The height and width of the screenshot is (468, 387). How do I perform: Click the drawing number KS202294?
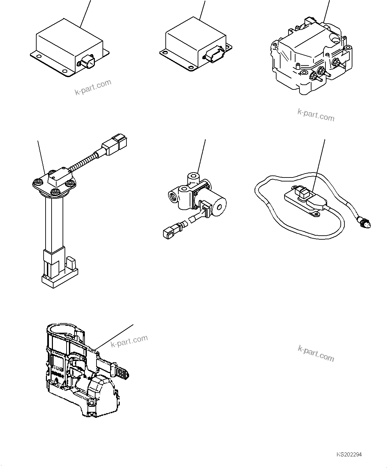[x=349, y=454]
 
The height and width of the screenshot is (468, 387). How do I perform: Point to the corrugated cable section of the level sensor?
[x=83, y=162]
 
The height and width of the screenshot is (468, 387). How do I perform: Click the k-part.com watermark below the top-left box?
[x=93, y=87]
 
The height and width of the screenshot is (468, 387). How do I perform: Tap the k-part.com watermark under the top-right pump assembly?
[x=315, y=115]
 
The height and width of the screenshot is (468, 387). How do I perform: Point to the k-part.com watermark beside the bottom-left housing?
[x=129, y=341]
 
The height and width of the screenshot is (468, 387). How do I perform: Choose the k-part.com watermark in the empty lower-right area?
[x=315, y=353]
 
